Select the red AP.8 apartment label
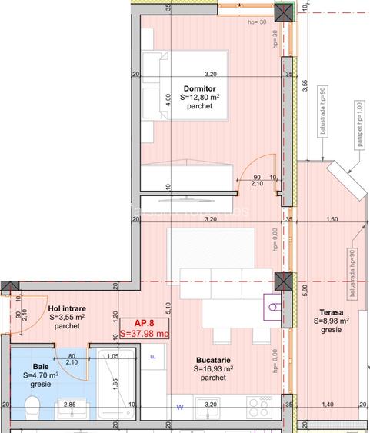(x=145, y=324)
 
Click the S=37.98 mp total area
(x=145, y=334)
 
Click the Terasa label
(x=332, y=311)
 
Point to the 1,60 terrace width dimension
(x=332, y=221)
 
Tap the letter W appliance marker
(x=181, y=406)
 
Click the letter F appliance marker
(x=153, y=358)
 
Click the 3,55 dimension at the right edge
(x=305, y=87)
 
